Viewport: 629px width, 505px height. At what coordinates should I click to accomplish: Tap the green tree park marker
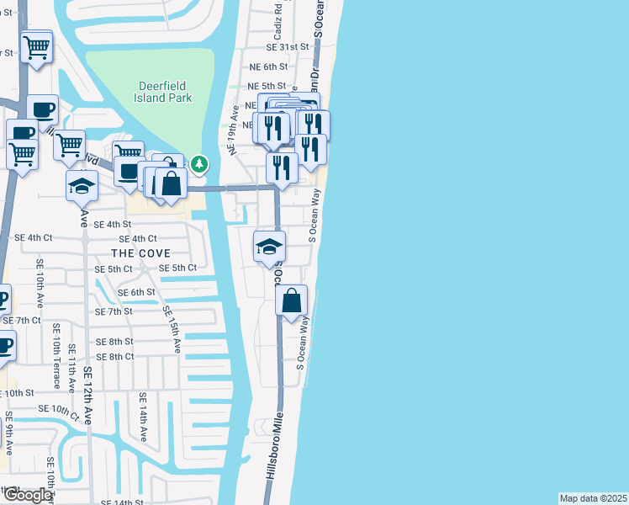199,164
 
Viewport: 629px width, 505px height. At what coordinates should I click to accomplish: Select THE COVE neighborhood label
140,252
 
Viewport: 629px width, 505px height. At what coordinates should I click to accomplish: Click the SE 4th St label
113,225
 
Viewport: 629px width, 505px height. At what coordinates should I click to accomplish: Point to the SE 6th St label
137,292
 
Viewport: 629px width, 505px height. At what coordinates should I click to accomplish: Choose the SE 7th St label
114,311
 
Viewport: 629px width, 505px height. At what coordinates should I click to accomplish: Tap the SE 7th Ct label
22,321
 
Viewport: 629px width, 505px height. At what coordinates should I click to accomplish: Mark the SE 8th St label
114,342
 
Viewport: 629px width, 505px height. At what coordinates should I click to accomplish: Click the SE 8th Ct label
115,357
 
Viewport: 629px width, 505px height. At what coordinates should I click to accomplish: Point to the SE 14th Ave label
143,417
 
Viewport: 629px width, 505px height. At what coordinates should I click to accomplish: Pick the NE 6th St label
268,66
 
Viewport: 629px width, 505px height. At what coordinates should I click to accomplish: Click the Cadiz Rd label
277,27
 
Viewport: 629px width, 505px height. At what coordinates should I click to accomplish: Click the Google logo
27,495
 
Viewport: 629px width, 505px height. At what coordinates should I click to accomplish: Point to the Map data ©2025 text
593,498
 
